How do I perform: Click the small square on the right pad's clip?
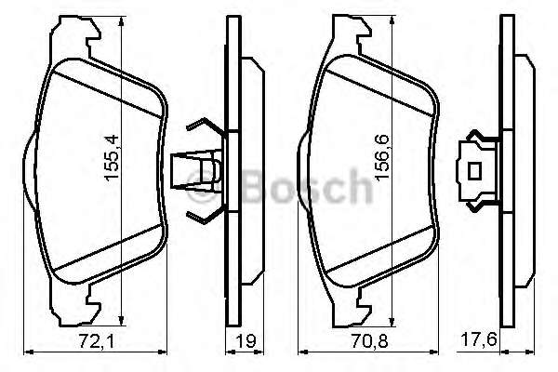475,172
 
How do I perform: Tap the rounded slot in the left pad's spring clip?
211,172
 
